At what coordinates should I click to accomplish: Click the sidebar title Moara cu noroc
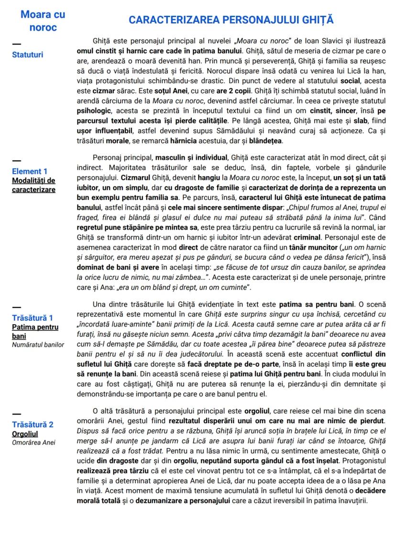[x=43, y=21]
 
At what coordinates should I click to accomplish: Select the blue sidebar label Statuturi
[x=27, y=55]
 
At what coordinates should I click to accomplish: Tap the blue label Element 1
[x=30, y=171]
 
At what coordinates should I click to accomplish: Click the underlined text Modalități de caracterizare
[x=33, y=185]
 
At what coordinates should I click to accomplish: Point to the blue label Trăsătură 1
[x=33, y=318]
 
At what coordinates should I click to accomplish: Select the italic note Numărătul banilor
[x=38, y=345]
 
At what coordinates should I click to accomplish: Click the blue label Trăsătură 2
[x=33, y=425]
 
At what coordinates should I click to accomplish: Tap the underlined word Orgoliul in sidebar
[x=25, y=434]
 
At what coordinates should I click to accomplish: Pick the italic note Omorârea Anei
[x=33, y=442]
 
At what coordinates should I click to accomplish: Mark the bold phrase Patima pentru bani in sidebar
[x=35, y=331]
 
